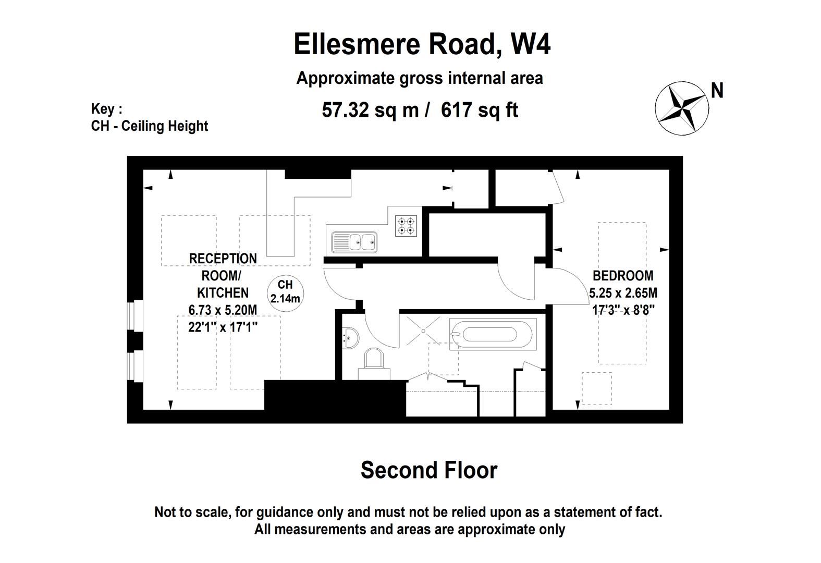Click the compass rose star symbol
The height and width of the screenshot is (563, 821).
[x=681, y=108]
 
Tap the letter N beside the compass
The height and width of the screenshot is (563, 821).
[x=717, y=91]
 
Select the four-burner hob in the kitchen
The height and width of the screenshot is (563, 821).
[x=407, y=225]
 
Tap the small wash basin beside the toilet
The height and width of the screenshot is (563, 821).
[x=350, y=338]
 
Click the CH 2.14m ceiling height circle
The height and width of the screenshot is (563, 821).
[x=285, y=292]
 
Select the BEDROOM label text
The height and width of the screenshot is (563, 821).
[x=623, y=275]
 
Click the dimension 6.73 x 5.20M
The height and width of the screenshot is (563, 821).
[x=223, y=310]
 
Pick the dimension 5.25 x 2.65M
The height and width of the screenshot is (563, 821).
[x=623, y=292]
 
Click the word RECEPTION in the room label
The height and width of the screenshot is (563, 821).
[x=223, y=259]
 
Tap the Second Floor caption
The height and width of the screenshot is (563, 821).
[x=428, y=470]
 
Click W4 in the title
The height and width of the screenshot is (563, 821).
[x=530, y=44]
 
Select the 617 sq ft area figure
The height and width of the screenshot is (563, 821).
[x=479, y=110]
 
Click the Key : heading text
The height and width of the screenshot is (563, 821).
[x=106, y=109]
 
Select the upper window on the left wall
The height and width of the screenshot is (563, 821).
[x=136, y=316]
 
